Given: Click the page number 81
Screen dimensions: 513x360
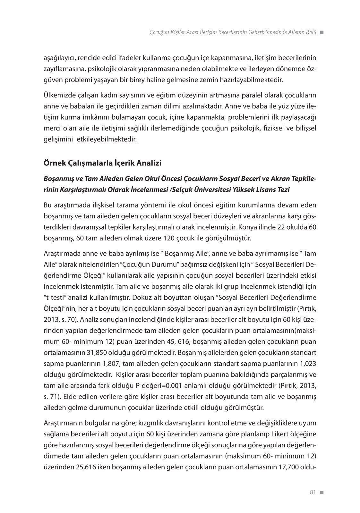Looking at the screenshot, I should point(313,492).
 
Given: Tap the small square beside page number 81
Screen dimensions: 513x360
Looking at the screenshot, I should point(322,492).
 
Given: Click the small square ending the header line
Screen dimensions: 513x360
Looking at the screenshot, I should point(322,32).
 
